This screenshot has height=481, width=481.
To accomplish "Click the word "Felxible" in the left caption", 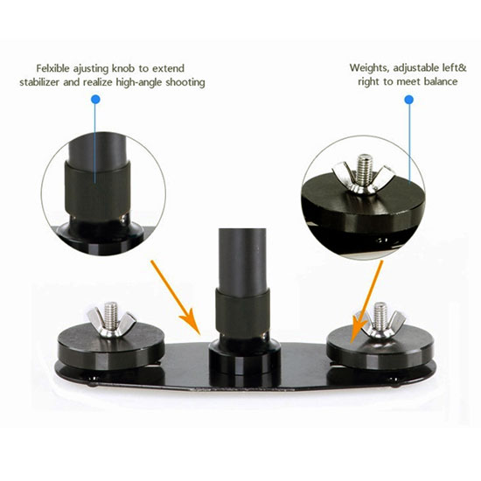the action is coord(52,68).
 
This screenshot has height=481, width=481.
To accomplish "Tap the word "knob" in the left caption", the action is coord(122,68).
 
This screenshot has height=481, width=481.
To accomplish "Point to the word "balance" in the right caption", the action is coord(441,81).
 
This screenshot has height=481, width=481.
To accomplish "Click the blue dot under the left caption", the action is coord(95,100).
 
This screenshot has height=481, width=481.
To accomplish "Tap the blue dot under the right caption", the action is coord(409,100).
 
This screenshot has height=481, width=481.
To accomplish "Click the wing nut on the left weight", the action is coord(111,324).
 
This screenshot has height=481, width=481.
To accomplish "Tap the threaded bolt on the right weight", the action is coord(380,316).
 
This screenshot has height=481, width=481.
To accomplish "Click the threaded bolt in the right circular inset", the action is coord(364,170).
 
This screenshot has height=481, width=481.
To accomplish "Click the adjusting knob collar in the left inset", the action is coord(97,190).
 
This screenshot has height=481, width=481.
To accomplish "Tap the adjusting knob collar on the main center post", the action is coord(242,312).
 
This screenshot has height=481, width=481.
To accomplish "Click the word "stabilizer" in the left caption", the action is coord(40,82).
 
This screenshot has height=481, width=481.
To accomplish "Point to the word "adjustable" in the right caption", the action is coord(416,68).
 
